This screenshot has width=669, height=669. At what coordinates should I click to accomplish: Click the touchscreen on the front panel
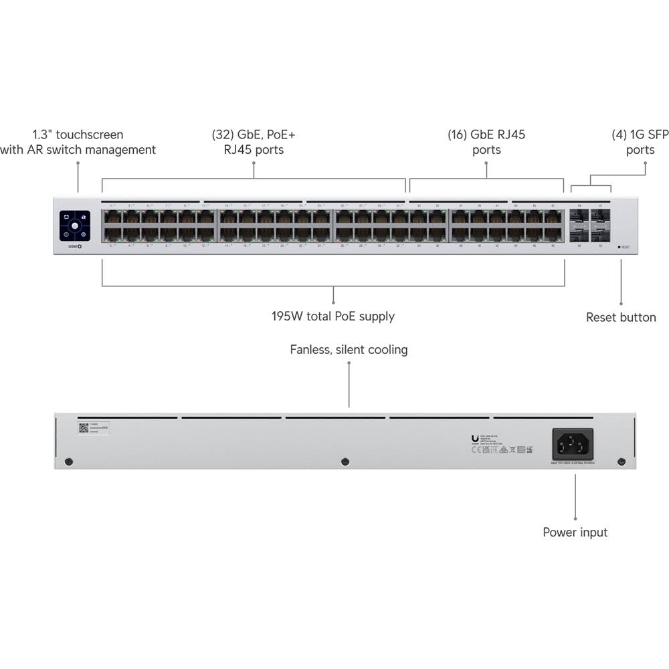(74, 225)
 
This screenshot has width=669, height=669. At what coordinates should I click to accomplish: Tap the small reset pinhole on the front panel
(619, 247)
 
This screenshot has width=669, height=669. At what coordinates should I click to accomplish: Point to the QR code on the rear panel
(84, 427)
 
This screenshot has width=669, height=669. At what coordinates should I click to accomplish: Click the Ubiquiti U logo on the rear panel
(475, 439)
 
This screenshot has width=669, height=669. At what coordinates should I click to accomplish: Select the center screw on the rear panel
(345, 462)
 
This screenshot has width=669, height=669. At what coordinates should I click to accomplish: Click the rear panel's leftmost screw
(68, 462)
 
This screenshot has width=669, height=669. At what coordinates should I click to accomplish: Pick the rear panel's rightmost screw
(621, 462)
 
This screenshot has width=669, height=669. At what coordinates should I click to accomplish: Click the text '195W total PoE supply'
(332, 316)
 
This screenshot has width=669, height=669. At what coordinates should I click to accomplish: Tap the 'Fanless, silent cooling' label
(349, 349)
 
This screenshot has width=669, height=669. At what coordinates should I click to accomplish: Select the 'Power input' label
(575, 533)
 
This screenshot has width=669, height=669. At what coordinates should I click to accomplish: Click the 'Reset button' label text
(621, 317)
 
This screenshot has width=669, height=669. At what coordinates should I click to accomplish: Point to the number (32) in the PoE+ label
(222, 134)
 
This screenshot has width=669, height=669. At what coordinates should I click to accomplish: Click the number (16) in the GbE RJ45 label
(458, 134)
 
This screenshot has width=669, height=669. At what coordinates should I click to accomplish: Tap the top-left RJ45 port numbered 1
(111, 217)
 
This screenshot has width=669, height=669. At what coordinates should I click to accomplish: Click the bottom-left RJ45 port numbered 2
(111, 233)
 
